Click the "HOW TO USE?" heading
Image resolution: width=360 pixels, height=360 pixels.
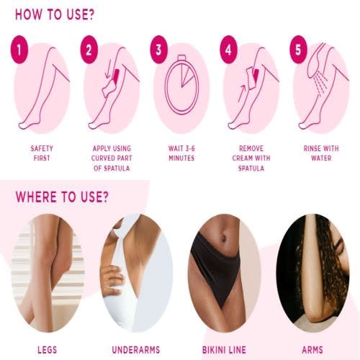(x=55, y=14)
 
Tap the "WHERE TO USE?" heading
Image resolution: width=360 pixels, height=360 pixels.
(x=62, y=197)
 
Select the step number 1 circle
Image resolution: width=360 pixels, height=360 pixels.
(x=19, y=50)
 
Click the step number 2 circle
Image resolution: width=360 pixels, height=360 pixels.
(x=89, y=50)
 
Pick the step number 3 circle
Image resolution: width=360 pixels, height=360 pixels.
(x=158, y=50)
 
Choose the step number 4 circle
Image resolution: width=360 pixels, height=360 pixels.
(x=228, y=50)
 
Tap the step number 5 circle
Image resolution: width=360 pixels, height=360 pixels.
(x=298, y=50)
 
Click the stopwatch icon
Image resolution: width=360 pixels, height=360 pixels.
(x=181, y=85)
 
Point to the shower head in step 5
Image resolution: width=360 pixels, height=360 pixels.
(x=315, y=61)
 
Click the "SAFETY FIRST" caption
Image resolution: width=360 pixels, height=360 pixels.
(x=42, y=153)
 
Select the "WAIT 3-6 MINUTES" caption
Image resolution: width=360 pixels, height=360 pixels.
(x=181, y=153)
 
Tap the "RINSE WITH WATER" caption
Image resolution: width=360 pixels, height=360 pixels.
(x=321, y=153)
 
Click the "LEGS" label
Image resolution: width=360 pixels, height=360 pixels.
(x=48, y=350)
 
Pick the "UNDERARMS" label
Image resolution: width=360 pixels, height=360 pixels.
(x=136, y=350)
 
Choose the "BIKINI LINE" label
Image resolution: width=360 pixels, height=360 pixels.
(x=224, y=350)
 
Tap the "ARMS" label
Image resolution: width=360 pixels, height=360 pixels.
(x=312, y=350)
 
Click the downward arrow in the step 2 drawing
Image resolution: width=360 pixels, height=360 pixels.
(x=109, y=69)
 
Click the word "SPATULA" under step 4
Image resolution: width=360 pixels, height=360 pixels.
(x=251, y=168)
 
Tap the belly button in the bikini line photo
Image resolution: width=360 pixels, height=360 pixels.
(x=223, y=238)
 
